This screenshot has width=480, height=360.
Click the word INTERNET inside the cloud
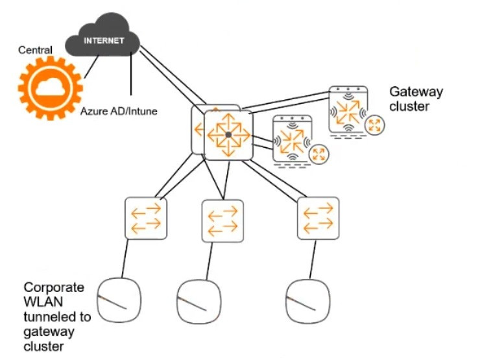pos(104,40)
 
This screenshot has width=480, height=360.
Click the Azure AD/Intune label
pos(119,111)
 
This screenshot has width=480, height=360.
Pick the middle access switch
pos(223,220)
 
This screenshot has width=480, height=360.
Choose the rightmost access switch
pos(318,218)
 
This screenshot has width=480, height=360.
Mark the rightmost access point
pos(306,300)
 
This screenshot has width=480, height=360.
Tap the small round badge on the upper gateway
pos(374,126)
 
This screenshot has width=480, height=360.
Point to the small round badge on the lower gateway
pos(318,154)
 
